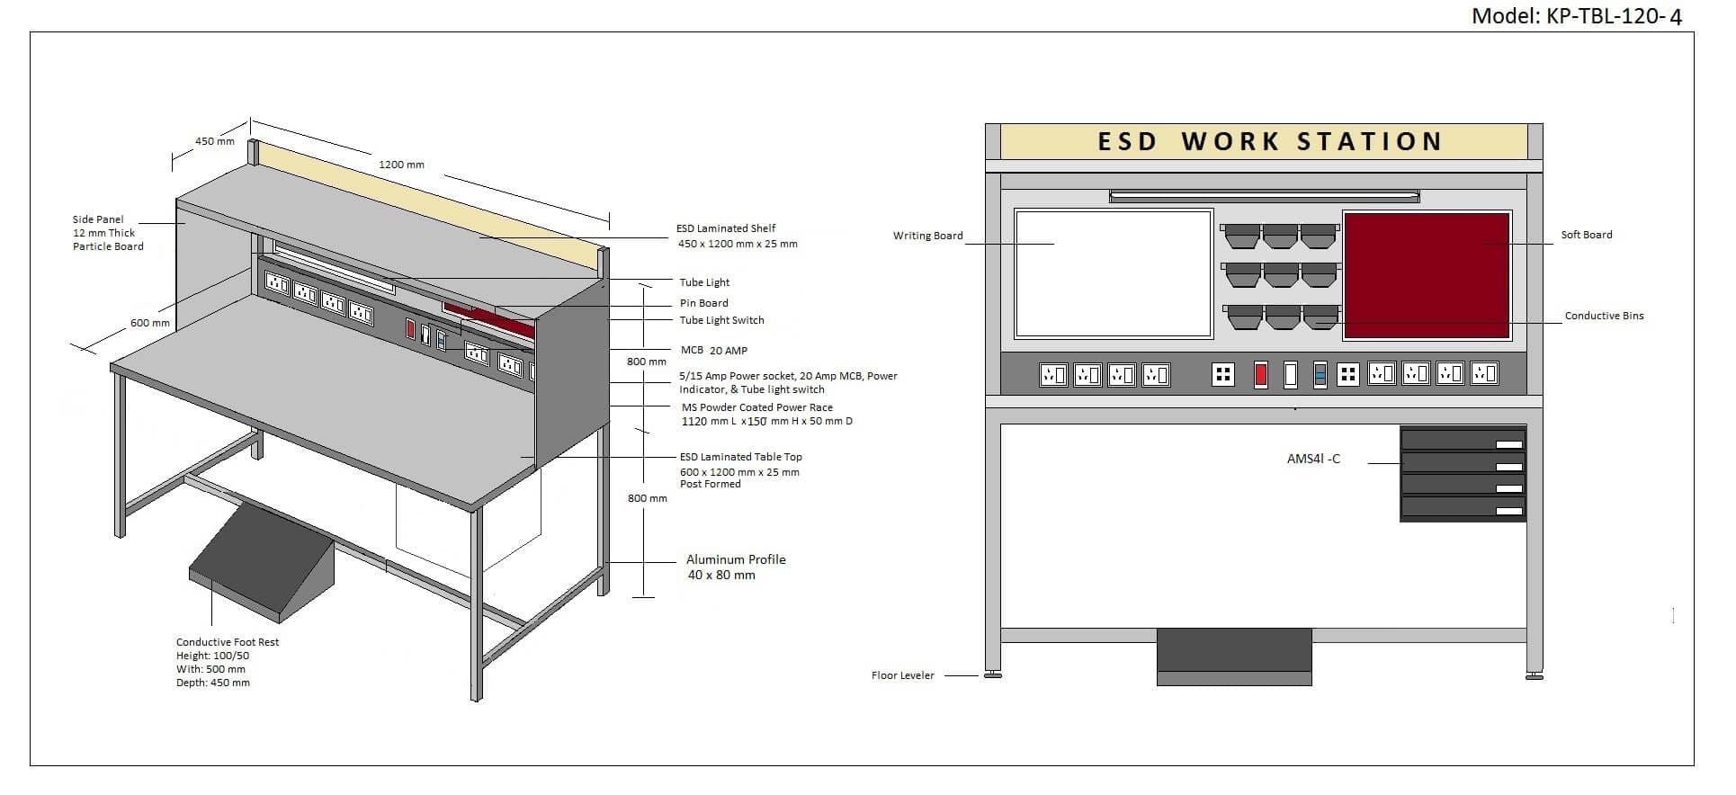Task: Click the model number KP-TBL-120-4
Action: pyautogui.click(x=1576, y=15)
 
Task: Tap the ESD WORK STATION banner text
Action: pyautogui.click(x=1269, y=142)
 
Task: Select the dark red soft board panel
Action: pyautogui.click(x=1426, y=275)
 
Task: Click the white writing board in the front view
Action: pyautogui.click(x=1114, y=273)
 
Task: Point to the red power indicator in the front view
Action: pyautogui.click(x=1261, y=374)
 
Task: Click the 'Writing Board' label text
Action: pyautogui.click(x=927, y=236)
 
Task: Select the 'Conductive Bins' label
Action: pyautogui.click(x=1604, y=316)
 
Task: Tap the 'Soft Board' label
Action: pyautogui.click(x=1586, y=235)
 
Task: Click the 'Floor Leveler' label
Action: pyautogui.click(x=902, y=675)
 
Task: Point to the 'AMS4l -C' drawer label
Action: pyautogui.click(x=1312, y=459)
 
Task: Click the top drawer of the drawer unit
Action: pyautogui.click(x=1463, y=440)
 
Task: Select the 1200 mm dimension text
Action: pyautogui.click(x=401, y=165)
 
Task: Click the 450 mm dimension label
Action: pyautogui.click(x=214, y=141)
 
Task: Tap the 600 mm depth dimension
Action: pyautogui.click(x=150, y=323)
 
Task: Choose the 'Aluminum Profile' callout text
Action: pyautogui.click(x=735, y=559)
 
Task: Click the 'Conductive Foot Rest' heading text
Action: pyautogui.click(x=228, y=642)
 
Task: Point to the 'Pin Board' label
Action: pyautogui.click(x=703, y=303)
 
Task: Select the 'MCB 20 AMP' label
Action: pyautogui.click(x=713, y=350)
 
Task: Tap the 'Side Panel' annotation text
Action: pyautogui.click(x=98, y=219)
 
